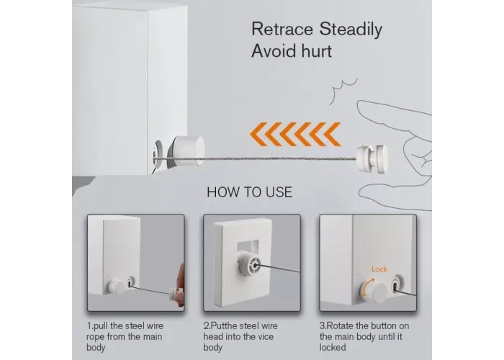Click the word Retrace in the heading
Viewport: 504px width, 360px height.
tap(282, 29)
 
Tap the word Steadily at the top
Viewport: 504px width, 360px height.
tap(351, 30)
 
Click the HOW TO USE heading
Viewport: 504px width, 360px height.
tap(249, 192)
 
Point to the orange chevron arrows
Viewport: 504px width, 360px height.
tap(295, 134)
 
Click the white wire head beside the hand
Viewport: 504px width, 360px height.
tap(372, 159)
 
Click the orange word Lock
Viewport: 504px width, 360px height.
tap(379, 269)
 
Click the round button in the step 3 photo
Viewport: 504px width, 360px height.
tap(378, 291)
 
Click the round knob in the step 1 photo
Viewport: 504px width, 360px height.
tap(116, 287)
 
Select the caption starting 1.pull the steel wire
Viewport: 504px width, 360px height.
tap(125, 336)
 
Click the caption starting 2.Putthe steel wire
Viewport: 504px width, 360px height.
tap(240, 336)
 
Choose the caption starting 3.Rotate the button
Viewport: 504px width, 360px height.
tap(364, 336)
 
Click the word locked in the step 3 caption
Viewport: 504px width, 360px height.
tap(333, 348)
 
